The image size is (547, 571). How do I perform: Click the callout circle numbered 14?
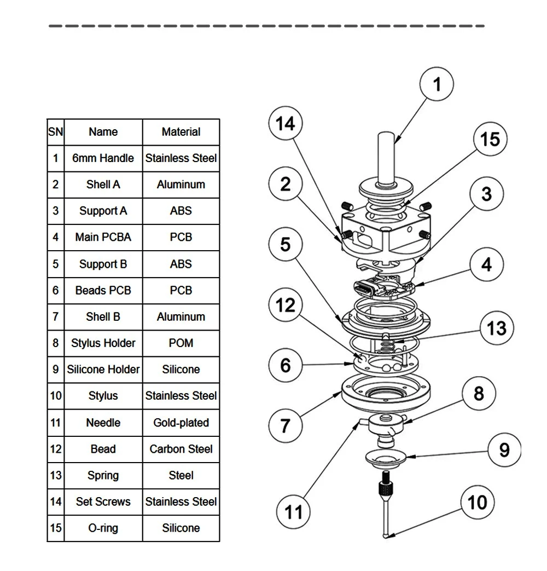click(x=286, y=123)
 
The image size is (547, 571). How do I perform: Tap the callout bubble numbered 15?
click(x=490, y=139)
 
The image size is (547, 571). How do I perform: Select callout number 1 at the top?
click(x=437, y=84)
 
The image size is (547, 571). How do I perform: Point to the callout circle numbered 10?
click(x=477, y=502)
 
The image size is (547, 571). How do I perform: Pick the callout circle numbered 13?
click(x=497, y=328)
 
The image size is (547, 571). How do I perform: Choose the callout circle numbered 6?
click(x=286, y=365)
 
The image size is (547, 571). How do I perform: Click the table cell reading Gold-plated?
click(x=181, y=423)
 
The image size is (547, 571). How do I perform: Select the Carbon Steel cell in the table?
click(x=181, y=449)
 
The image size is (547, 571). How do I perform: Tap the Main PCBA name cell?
click(x=103, y=237)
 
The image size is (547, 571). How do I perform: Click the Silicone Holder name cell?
click(x=103, y=369)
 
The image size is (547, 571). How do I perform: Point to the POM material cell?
click(x=181, y=343)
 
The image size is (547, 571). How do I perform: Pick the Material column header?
click(x=181, y=132)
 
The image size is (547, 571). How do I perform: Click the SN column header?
click(x=56, y=132)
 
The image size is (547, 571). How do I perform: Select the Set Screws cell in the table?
click(x=103, y=502)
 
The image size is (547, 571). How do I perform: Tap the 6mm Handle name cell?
click(x=103, y=158)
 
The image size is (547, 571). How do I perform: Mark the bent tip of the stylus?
click(x=386, y=535)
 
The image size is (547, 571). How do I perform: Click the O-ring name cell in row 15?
click(x=103, y=528)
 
